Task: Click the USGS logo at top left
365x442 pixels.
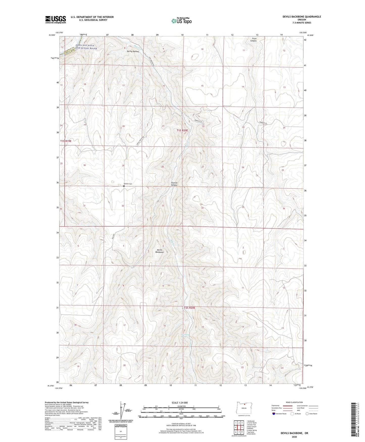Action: point(56,19)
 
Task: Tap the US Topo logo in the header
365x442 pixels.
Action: point(181,21)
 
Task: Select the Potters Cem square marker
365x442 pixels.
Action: point(124,186)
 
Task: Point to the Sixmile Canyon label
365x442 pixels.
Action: point(174,184)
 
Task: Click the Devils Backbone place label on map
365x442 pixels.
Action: point(160,251)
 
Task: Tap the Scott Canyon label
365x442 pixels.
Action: point(254,39)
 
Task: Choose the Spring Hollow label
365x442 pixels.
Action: point(133,51)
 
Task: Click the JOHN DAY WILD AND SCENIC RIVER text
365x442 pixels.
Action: point(86,47)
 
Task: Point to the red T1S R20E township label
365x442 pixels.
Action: point(182,130)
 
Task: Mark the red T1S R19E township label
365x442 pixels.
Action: point(66,141)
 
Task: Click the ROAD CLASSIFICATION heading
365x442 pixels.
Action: point(295,402)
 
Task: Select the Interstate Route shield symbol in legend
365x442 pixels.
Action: point(274,413)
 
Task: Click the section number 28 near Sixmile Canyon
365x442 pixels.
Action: point(163,167)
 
